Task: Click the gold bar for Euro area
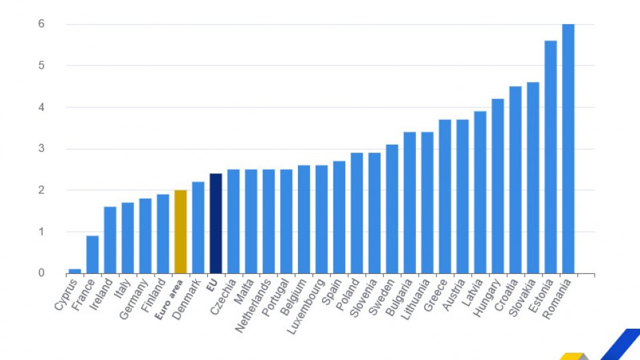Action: point(180,231)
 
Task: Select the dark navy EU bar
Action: point(215,223)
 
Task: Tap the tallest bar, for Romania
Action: point(568,149)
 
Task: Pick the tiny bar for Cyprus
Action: point(75,271)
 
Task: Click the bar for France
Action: point(92,255)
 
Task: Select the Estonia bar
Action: point(551,157)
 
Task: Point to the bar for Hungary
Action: point(497,186)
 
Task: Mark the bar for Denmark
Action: point(198,227)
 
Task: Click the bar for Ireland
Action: point(110,240)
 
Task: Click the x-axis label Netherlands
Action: point(252,306)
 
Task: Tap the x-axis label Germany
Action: point(133,300)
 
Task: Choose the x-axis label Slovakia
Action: point(524,299)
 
